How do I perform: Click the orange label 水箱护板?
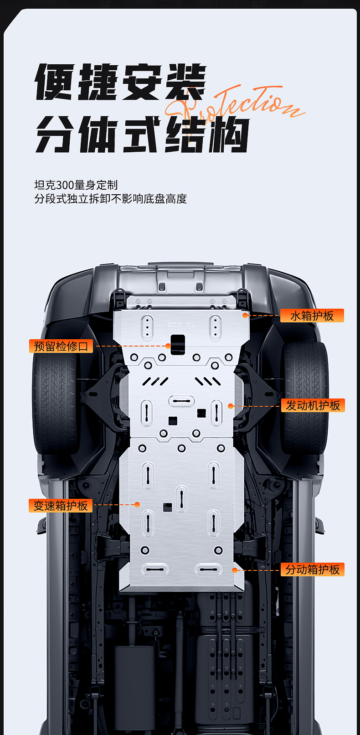(x=312, y=316)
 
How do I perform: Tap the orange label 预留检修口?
(x=61, y=346)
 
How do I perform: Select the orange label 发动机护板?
(x=313, y=405)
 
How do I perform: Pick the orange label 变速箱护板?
(x=61, y=506)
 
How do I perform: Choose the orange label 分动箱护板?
(x=313, y=569)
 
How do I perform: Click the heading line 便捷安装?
(x=120, y=82)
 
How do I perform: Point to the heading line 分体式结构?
(x=142, y=135)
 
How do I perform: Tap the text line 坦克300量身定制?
(x=76, y=185)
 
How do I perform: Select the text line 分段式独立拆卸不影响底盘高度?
(x=111, y=199)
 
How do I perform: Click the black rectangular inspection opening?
(x=178, y=344)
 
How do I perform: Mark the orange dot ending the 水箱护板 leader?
(x=245, y=315)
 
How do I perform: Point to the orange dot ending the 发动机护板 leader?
(x=231, y=406)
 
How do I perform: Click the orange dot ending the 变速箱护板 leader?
(x=137, y=505)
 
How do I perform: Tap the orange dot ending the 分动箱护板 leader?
(x=235, y=570)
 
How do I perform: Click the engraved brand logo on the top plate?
(x=181, y=325)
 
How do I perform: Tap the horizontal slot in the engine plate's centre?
(x=181, y=401)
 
